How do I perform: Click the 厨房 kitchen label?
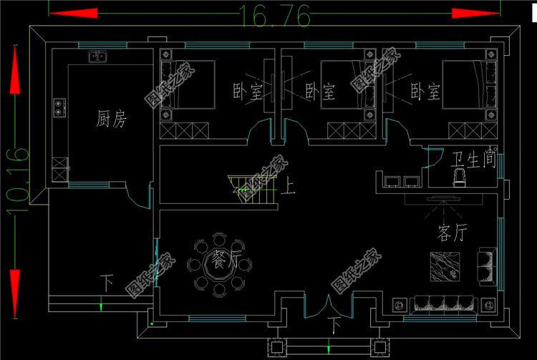[x=112, y=120]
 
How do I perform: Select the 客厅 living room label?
[x=453, y=234]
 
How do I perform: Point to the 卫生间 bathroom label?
[x=473, y=159]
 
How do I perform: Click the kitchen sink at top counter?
[x=97, y=57]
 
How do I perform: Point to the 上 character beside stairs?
[x=289, y=188]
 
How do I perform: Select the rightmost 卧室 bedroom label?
[x=425, y=92]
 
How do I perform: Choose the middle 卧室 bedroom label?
[x=320, y=92]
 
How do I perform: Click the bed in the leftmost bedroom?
[x=188, y=84]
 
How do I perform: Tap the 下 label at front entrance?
[x=335, y=326]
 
